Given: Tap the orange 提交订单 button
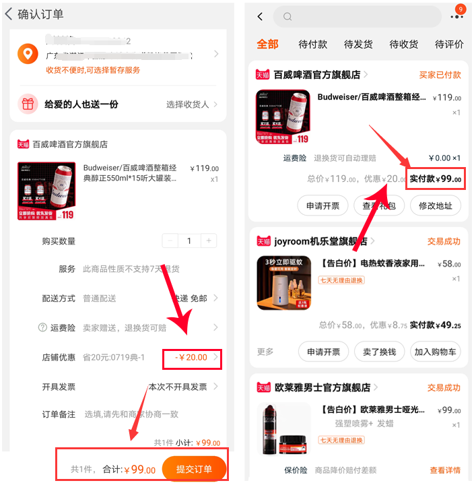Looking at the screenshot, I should [194, 469].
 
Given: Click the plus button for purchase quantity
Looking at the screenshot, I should [210, 240].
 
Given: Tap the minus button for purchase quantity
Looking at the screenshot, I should [170, 240].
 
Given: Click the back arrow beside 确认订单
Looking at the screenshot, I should [9, 14].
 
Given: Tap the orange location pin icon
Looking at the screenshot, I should [28, 54].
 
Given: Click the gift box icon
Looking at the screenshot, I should [28, 104].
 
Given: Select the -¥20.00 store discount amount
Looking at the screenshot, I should [191, 357].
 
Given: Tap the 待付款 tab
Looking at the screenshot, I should [312, 44].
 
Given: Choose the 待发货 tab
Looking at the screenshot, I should [358, 44].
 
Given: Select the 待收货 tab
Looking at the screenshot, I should [403, 44].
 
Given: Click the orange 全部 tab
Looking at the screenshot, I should [267, 44].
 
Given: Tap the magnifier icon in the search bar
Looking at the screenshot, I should [287, 17].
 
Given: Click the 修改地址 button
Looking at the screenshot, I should [436, 205].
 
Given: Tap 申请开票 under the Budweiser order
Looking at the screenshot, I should [322, 205].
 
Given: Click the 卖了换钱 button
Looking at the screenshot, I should [379, 352].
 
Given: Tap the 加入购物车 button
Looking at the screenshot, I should [436, 352].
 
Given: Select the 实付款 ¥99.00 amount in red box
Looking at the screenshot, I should [436, 179].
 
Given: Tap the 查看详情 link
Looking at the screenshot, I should [445, 470].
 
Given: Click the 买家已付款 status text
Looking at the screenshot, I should [440, 75].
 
